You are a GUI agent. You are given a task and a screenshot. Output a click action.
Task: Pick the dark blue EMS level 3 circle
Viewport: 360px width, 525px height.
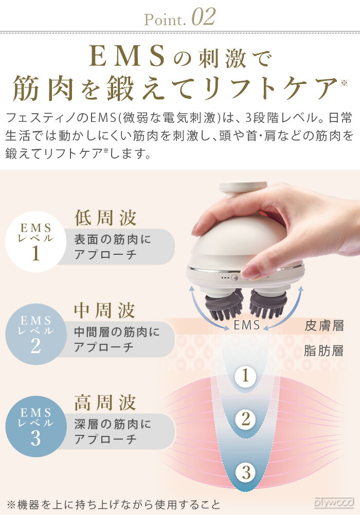coord(35,426)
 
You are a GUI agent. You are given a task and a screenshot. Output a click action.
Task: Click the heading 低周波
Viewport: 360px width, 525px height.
coord(105,218)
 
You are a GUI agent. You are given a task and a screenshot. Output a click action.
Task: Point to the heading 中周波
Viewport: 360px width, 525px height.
coord(105,310)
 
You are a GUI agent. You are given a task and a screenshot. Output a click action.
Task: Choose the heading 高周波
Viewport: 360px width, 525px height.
coord(105,402)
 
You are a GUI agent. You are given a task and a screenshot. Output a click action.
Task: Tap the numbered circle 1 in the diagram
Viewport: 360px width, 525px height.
coord(245,376)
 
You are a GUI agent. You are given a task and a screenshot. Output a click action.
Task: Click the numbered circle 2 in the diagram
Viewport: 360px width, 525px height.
coord(245,419)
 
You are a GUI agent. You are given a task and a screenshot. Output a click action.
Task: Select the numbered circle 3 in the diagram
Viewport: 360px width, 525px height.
coord(245,472)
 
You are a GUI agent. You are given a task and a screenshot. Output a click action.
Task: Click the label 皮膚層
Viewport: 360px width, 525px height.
coord(324,326)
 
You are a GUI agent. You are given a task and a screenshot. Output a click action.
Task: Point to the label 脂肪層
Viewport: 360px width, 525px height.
coord(324,352)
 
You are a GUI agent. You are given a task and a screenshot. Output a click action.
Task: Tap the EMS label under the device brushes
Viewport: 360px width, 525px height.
coord(247,325)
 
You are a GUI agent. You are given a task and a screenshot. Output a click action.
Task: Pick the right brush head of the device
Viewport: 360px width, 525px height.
coord(268,305)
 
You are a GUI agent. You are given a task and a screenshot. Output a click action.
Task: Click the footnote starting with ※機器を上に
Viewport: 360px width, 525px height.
coord(113,504)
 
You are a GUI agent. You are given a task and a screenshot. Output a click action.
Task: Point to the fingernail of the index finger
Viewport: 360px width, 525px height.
coord(250,271)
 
